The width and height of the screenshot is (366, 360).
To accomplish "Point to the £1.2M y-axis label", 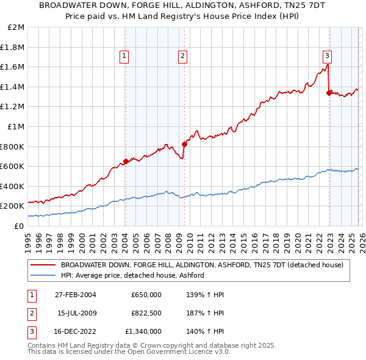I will [13, 107].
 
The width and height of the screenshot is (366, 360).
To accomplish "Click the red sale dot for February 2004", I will [126, 161].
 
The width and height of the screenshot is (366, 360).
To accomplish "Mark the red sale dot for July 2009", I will [184, 144].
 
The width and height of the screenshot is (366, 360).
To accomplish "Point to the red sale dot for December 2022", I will [329, 93].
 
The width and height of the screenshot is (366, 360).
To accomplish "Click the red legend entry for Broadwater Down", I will [202, 265].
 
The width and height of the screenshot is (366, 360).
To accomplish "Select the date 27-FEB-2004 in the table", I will [76, 295].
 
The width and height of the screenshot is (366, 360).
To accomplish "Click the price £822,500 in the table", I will [146, 313].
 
